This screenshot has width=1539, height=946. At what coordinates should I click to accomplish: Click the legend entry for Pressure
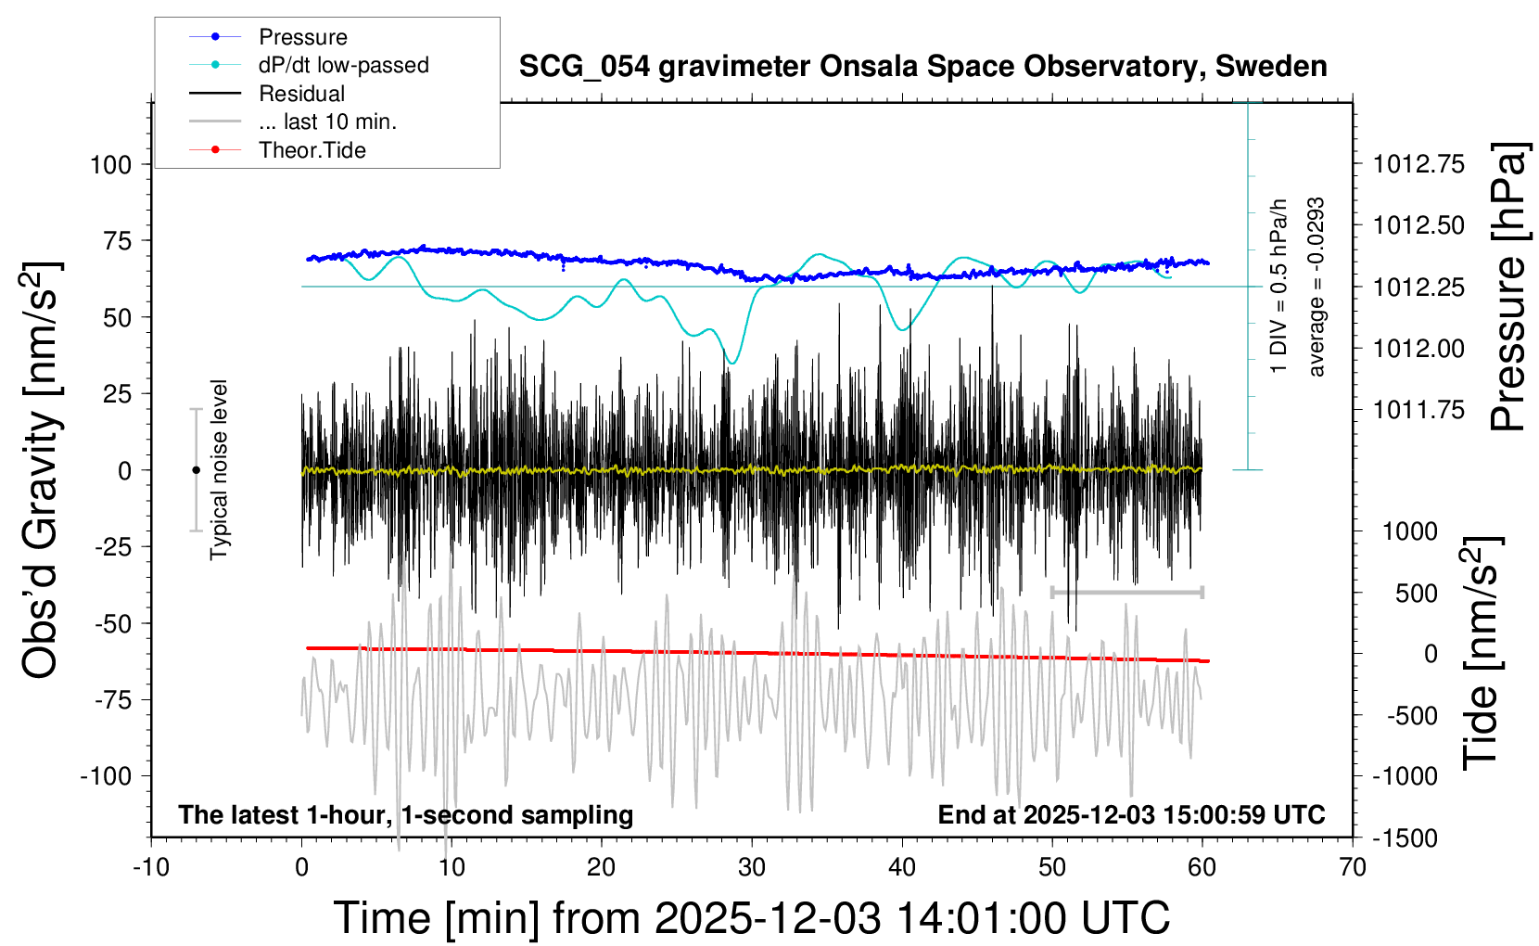click(x=302, y=37)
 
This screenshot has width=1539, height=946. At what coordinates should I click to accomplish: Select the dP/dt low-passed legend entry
click(x=343, y=65)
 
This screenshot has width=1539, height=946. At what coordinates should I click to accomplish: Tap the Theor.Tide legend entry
click(x=312, y=150)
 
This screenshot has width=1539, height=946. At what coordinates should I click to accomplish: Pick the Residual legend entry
click(x=301, y=94)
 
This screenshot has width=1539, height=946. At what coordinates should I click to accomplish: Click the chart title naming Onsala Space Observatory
click(x=922, y=67)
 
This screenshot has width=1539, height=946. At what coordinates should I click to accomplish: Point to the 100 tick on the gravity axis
click(x=110, y=165)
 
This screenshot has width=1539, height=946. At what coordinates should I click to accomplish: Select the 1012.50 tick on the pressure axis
click(x=1418, y=225)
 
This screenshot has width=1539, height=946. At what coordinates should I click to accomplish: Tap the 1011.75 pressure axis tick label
click(x=1418, y=410)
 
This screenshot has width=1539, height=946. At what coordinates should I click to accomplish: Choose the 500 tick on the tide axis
click(x=1416, y=593)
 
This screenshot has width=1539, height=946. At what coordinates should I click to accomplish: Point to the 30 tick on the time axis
click(x=752, y=868)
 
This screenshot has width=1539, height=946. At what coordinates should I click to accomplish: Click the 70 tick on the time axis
click(x=1353, y=868)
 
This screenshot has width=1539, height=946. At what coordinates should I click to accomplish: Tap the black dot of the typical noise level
click(x=196, y=470)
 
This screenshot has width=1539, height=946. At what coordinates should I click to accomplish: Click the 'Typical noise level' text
click(x=219, y=469)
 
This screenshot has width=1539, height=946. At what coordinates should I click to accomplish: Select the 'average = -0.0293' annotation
click(x=1316, y=287)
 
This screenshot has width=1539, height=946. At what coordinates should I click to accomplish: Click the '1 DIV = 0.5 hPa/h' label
click(x=1279, y=286)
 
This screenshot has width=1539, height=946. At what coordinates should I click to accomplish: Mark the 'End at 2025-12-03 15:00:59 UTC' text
click(x=1131, y=815)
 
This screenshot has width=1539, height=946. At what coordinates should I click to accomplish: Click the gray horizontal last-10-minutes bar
click(x=1126, y=592)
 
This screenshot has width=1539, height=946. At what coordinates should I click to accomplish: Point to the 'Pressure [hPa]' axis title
click(x=1507, y=287)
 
